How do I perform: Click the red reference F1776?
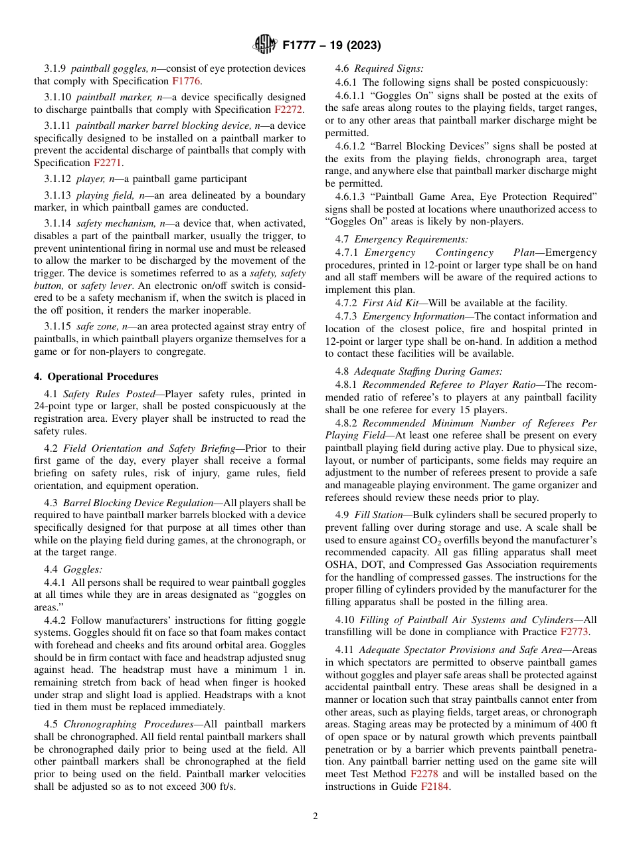point(187,81)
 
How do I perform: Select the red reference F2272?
point(290,110)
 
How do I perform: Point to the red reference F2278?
point(424,775)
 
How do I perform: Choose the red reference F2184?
point(435,787)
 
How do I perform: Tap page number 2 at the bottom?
point(315,816)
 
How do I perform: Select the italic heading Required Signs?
point(389,69)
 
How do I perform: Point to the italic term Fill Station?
point(379,515)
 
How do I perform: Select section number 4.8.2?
point(347,423)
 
